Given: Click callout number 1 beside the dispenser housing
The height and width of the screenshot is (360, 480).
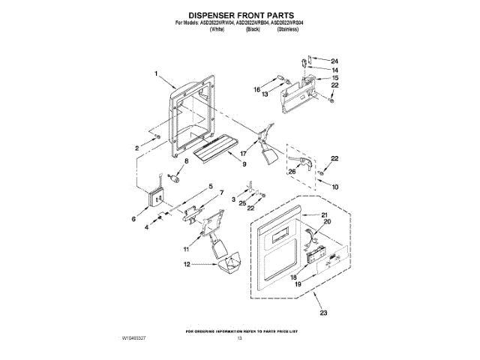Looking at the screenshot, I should coord(156,73).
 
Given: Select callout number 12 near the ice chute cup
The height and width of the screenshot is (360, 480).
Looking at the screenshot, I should coord(188,264).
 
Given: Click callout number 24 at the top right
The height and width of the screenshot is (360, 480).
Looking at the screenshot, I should coord(335,60).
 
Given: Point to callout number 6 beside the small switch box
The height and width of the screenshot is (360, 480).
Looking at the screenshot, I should coord(133,220).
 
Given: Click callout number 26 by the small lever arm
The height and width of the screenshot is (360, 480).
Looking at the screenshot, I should coord(292,170).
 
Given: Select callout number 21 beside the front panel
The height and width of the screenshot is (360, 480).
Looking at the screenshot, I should coord(325,215).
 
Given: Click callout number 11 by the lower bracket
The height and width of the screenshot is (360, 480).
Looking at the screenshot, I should coord(187,247).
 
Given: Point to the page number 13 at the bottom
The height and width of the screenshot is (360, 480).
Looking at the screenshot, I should coord(241,339).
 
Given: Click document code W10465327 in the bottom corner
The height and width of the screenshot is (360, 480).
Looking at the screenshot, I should coord(132,339).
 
